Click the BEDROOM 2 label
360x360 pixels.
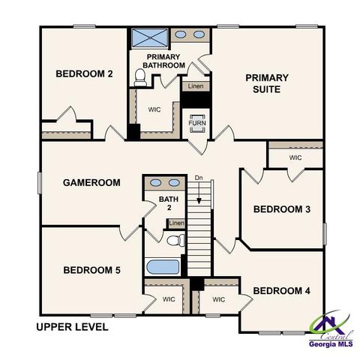click(x=84, y=73)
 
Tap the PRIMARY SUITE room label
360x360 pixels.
click(x=266, y=83)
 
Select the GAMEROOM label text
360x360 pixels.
click(x=91, y=182)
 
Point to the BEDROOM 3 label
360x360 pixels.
click(x=281, y=209)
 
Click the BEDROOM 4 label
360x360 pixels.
click(x=281, y=290)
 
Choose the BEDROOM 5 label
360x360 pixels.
click(x=91, y=270)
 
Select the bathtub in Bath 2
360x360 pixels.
click(x=163, y=267)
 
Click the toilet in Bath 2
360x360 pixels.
click(x=175, y=241)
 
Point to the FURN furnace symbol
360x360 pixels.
click(x=197, y=121)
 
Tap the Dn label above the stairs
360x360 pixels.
click(x=199, y=178)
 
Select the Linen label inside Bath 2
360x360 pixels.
click(x=176, y=223)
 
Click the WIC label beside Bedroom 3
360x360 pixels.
click(x=295, y=158)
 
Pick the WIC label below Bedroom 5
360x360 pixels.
click(x=169, y=299)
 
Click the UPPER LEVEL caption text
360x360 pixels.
click(x=73, y=327)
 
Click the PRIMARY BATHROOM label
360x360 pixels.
click(x=166, y=61)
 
